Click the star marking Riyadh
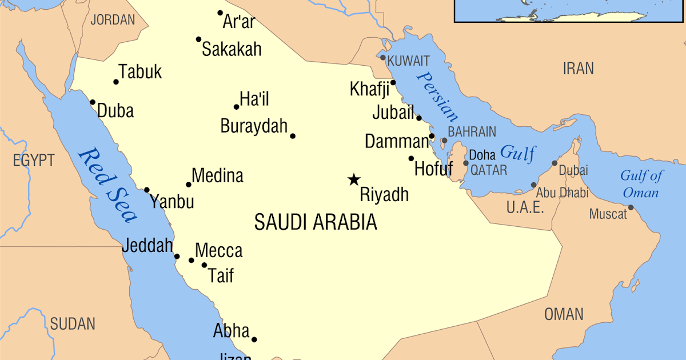pos(354,179)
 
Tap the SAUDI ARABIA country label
pos(316,222)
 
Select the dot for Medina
pos(189,185)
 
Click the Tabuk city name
pos(140,72)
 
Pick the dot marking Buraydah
pos(293,136)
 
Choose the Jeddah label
pos(147,246)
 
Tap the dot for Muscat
pos(631,207)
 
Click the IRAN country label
pos(578,69)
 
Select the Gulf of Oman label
pos(641,184)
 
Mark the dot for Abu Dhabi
pos(533,185)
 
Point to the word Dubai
pos(573,170)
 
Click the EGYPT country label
pos(34,161)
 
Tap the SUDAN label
pos(73,324)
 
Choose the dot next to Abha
pos(254,339)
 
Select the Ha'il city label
pos(254,99)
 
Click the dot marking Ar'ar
pos(220,13)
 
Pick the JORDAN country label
pos(113,20)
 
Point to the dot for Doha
pos(466,163)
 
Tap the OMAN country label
pos(564,314)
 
